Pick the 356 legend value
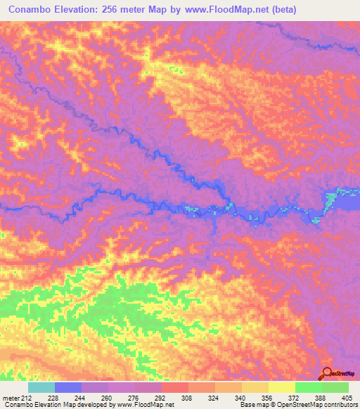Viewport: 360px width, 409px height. coord(257,397)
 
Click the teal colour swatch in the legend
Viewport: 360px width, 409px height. coord(41,387)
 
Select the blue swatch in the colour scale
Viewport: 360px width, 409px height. coord(68,387)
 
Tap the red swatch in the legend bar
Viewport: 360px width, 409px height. coord(175,387)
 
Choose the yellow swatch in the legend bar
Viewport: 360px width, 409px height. coord(282,387)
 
